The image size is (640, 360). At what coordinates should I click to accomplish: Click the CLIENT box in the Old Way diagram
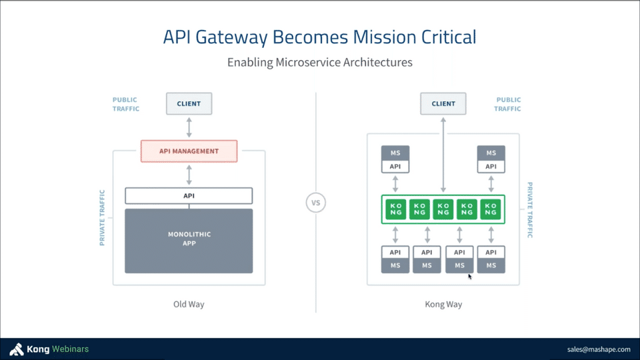(x=189, y=104)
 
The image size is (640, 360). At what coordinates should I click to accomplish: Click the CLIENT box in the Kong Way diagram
(x=443, y=104)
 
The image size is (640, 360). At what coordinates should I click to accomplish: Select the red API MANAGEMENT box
(x=189, y=151)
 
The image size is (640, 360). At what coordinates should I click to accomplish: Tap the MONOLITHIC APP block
(x=189, y=240)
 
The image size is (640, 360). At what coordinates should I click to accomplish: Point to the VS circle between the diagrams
(x=315, y=203)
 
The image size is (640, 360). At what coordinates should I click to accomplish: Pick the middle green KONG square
(x=443, y=209)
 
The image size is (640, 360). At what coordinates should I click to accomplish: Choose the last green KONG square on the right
(x=491, y=209)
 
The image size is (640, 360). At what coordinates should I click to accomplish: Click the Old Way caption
(x=189, y=304)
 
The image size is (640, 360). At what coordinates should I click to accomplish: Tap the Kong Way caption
(x=443, y=304)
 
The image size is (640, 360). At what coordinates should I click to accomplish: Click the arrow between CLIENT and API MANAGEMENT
(x=189, y=127)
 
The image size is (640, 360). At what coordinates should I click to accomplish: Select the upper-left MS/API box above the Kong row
(x=395, y=159)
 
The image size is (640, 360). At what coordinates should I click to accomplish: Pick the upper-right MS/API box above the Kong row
(x=491, y=159)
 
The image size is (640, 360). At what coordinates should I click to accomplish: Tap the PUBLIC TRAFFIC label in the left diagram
(x=126, y=104)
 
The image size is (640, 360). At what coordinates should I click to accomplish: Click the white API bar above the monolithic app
(x=189, y=195)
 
